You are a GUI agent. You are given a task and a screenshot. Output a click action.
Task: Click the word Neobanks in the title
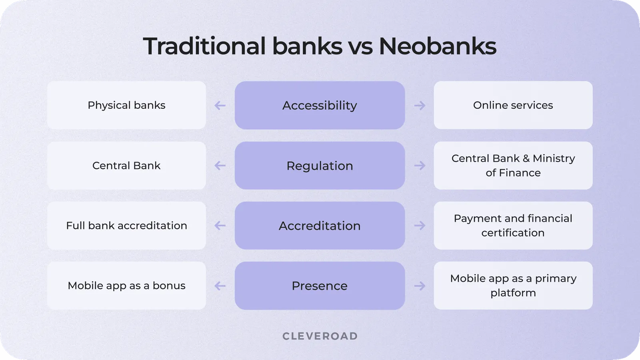(437, 46)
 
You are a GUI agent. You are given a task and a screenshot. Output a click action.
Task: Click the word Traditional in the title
(204, 46)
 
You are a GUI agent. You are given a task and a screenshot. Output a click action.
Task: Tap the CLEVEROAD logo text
(320, 336)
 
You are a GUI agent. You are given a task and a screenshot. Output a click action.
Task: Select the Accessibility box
(320, 105)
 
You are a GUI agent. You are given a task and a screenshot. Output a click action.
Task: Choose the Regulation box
(320, 166)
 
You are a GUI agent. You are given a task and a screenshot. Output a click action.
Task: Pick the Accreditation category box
(320, 226)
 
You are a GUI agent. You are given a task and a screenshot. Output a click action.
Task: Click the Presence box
(320, 286)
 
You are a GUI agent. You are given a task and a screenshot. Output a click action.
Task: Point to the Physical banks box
(126, 105)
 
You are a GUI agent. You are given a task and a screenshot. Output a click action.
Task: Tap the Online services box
(513, 105)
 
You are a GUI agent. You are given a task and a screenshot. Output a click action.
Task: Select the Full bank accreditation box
(126, 226)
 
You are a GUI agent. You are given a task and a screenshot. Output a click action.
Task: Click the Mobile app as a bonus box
(126, 286)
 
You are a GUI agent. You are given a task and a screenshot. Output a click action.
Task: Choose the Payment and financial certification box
(513, 226)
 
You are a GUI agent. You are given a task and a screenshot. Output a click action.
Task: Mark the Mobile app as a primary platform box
(513, 286)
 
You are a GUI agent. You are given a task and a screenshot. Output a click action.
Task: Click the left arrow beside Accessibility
(220, 106)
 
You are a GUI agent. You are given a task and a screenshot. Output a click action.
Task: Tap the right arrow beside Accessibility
(420, 106)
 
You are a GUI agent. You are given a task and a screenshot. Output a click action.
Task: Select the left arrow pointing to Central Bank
(220, 166)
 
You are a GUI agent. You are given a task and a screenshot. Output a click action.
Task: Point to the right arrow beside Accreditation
(420, 226)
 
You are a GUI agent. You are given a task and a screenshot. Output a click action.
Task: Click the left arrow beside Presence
(220, 286)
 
